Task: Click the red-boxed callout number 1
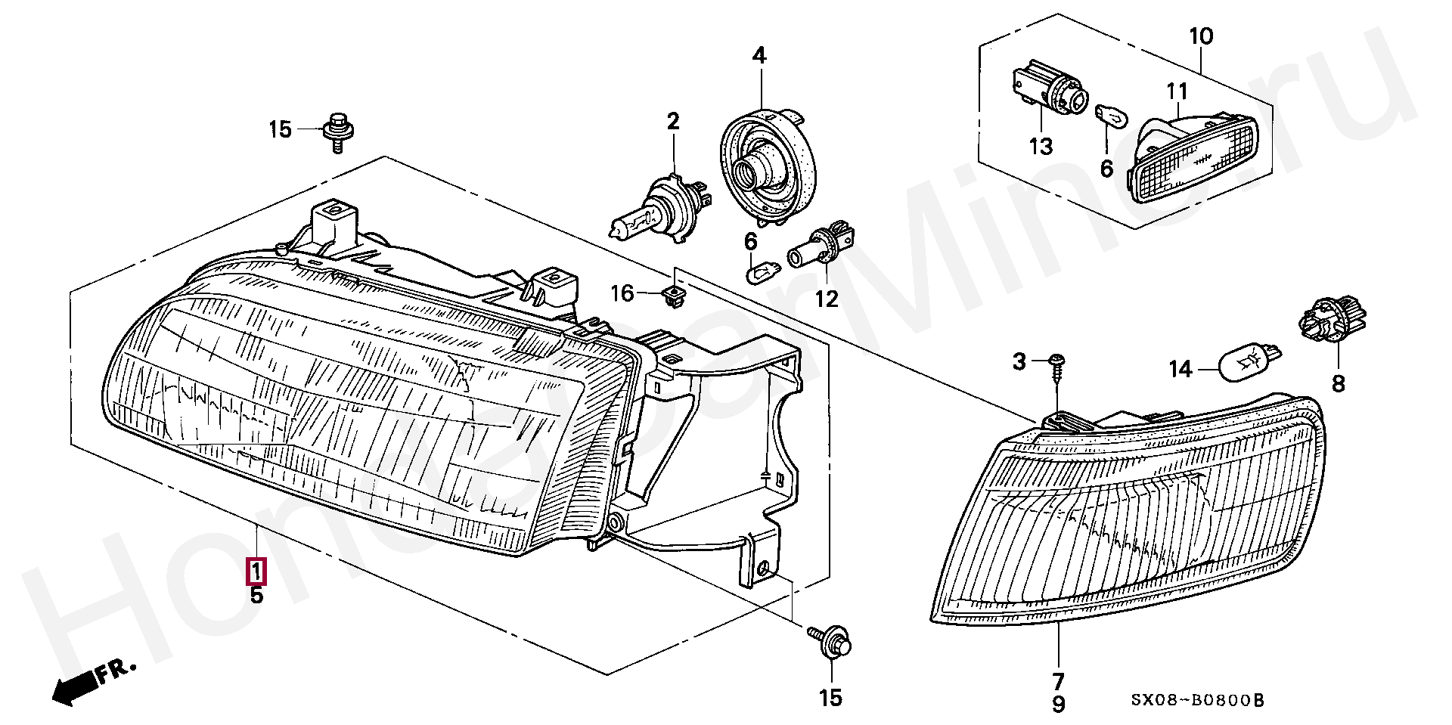[256, 571]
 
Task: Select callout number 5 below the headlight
[256, 596]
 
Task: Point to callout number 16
[622, 293]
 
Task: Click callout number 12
[827, 299]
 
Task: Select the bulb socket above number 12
[821, 244]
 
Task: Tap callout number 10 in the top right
[1201, 36]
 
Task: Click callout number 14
[1180, 369]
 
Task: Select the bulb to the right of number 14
[1248, 361]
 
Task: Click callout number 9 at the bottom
[1059, 705]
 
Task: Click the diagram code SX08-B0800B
[1197, 701]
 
